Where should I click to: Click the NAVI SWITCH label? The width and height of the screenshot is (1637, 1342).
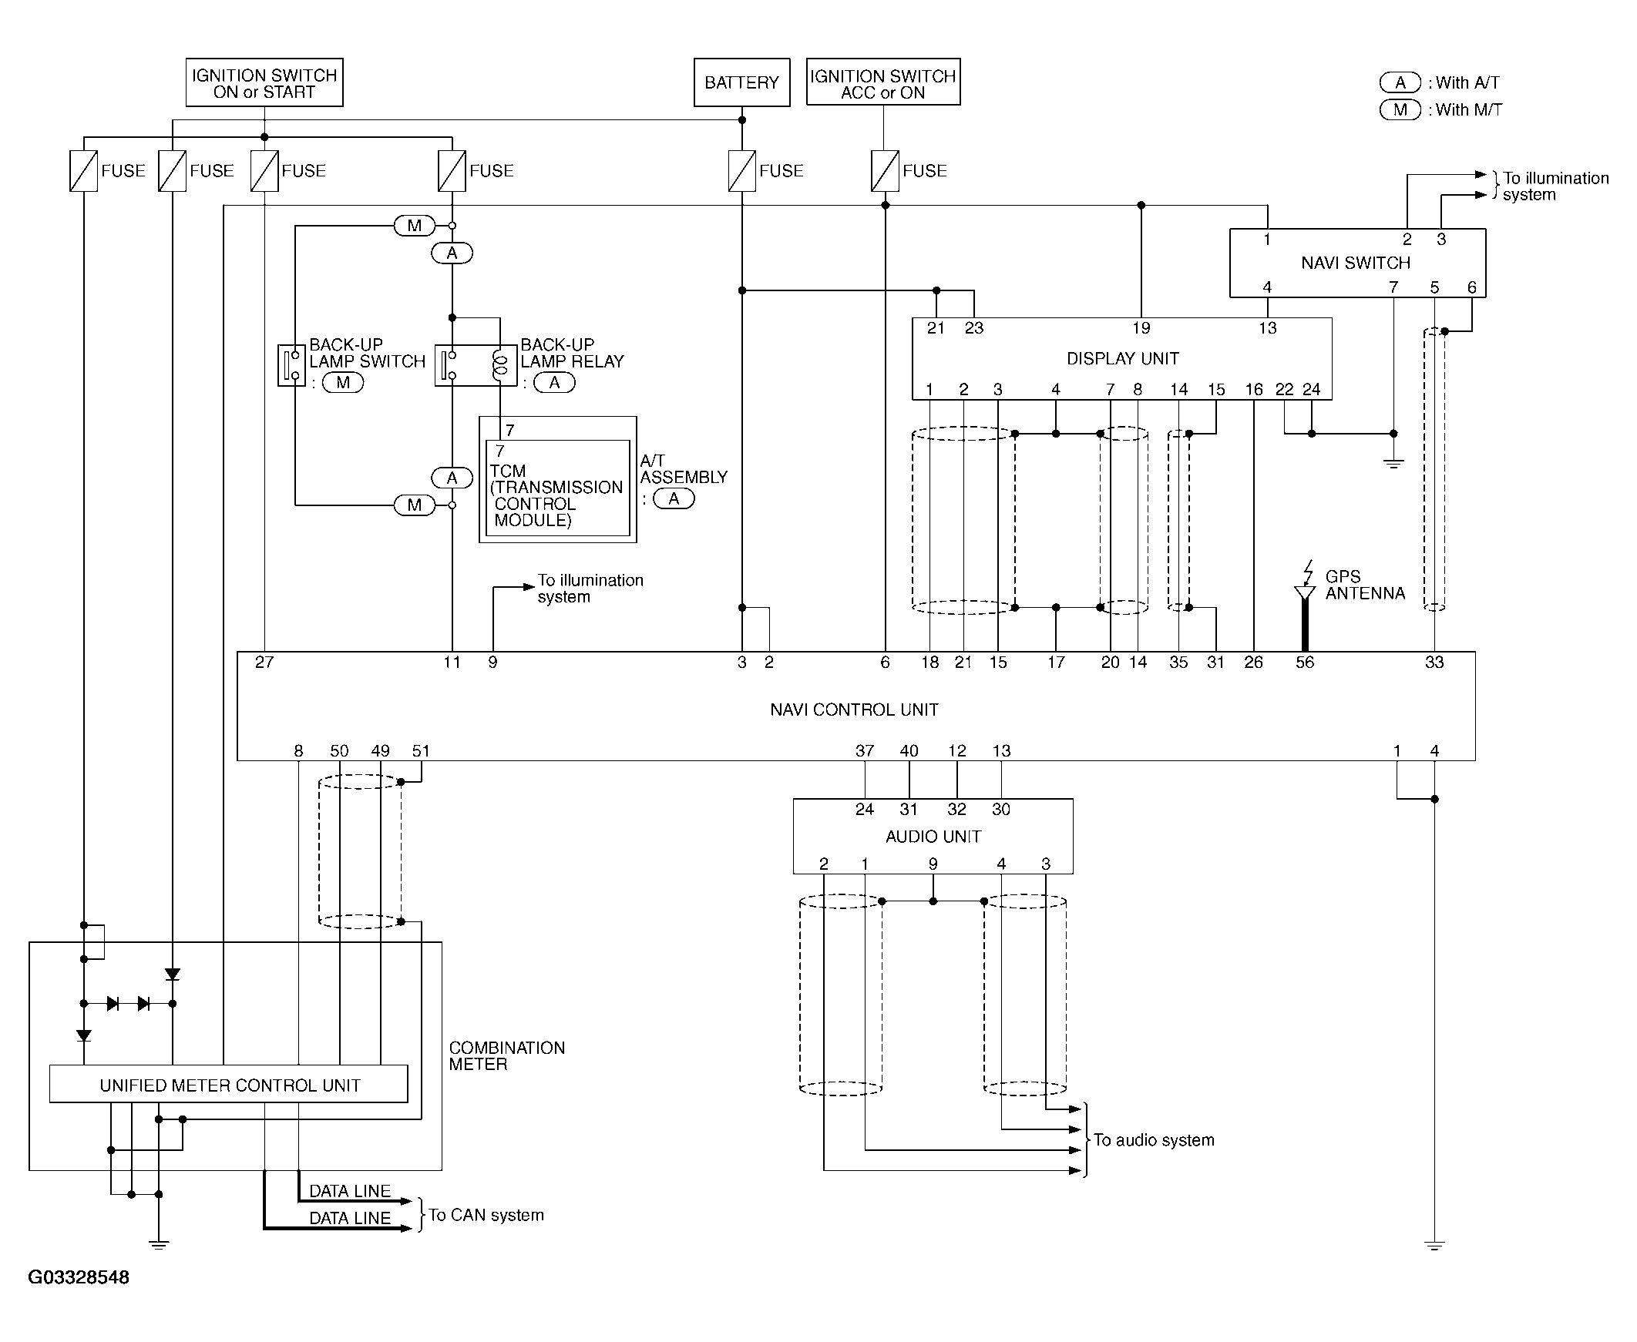point(1356,263)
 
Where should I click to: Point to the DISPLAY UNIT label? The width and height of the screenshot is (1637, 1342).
point(1123,359)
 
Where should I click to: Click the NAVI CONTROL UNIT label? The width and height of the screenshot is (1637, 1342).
point(855,710)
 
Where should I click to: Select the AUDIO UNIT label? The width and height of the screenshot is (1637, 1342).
point(933,837)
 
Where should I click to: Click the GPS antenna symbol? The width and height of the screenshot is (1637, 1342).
point(1306,588)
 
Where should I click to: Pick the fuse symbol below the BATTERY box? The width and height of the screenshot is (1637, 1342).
point(741,171)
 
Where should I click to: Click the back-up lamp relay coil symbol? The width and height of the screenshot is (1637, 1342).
point(500,365)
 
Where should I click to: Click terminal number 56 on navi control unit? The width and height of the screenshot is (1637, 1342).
point(1306,663)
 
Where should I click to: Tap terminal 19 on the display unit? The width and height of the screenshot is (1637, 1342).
point(1141,328)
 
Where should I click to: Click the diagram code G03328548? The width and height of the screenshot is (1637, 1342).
point(79,1277)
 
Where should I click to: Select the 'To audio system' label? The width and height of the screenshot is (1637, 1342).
point(1154,1140)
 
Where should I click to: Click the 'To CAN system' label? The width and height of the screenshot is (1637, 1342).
point(486,1215)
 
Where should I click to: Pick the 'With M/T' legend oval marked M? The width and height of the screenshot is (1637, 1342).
point(1400,109)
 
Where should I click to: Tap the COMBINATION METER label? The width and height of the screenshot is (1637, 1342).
point(507,1056)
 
